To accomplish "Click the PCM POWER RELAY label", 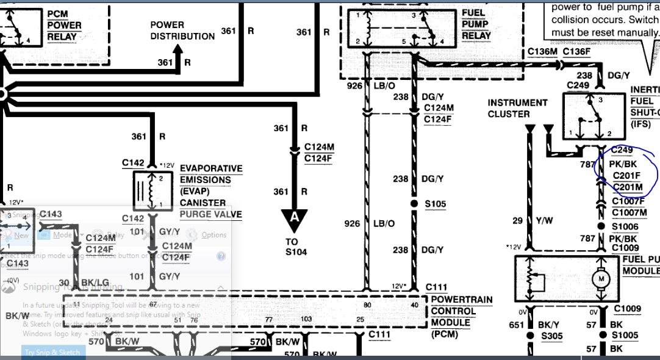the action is coord(65,25).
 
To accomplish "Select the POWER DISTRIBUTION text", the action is coord(183,31).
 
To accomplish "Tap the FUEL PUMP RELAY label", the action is coord(476,24).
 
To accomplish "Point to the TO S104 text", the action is coord(296,247).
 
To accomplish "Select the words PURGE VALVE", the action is coord(210,215).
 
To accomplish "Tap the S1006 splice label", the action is coord(625,226).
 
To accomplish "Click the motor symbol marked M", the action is coord(601,278).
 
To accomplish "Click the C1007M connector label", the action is coord(629,212).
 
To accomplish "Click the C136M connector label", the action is coord(543,51).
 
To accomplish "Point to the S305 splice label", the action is coord(552,336).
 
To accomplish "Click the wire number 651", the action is coord(517,325).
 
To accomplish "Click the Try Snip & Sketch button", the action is coord(52,352).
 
